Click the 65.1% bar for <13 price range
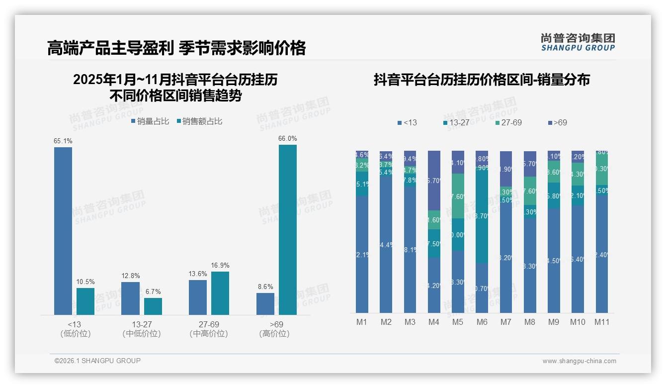point(63,231)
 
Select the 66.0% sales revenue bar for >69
point(287,230)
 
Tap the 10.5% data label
point(85,282)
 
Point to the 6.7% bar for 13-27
point(153,306)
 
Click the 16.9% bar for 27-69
point(220,293)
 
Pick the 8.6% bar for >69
point(265,304)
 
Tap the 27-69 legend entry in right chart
point(508,122)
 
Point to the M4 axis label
point(433,322)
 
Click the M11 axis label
point(602,322)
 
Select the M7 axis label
point(505,322)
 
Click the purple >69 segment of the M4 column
point(434,180)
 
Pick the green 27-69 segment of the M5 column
point(458,196)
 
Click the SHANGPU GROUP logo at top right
point(578,42)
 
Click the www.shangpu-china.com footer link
point(579,361)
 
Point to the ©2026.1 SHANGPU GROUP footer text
point(97,361)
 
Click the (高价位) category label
point(274,334)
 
